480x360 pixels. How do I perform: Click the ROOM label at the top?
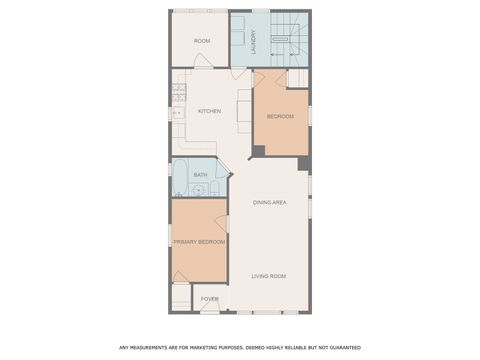click(202, 40)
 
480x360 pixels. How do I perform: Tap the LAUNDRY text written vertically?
click(254, 41)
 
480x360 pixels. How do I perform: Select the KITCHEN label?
click(209, 111)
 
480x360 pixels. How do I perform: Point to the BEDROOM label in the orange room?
click(280, 117)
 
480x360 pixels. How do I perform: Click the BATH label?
click(200, 175)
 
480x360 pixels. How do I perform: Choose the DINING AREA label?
click(270, 202)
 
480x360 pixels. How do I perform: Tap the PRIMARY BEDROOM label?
click(198, 242)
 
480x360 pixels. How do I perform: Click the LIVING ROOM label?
click(269, 276)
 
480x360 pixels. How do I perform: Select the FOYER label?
click(209, 298)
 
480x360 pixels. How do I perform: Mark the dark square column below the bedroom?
click(257, 151)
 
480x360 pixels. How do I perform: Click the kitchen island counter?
click(241, 111)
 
